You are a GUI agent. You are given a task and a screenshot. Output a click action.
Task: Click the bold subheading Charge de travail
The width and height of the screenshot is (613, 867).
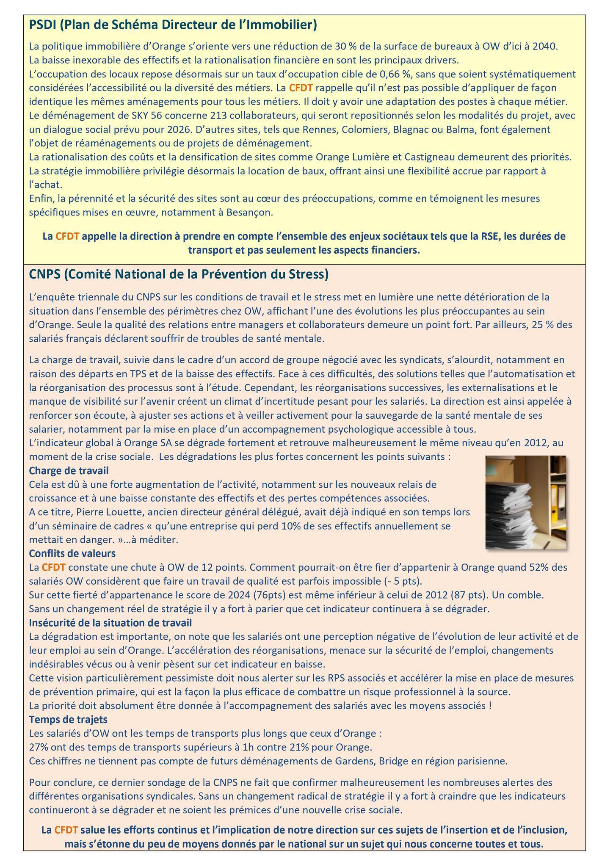[69, 470]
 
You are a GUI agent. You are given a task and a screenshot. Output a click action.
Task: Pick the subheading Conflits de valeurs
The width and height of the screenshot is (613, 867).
[72, 553]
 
